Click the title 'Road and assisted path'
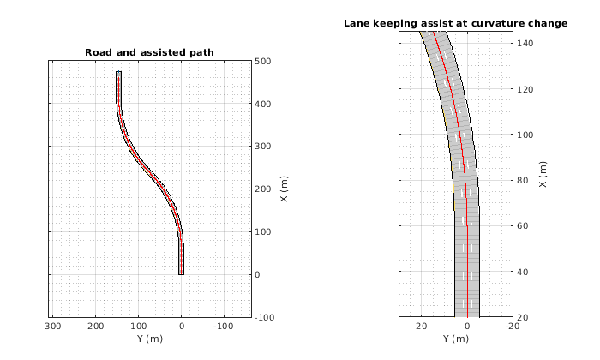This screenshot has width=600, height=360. (x=149, y=53)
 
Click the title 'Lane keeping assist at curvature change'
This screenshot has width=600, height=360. (x=455, y=23)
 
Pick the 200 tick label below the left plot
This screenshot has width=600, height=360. (x=97, y=327)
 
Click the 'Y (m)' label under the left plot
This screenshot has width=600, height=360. (x=149, y=339)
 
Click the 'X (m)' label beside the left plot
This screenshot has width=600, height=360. (x=284, y=189)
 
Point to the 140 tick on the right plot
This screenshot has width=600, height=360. (x=525, y=42)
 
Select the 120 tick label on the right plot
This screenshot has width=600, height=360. (x=525, y=88)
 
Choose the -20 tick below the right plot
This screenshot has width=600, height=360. (x=512, y=327)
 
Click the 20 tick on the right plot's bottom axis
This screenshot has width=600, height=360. (x=421, y=327)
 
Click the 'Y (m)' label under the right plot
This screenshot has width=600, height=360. (x=455, y=339)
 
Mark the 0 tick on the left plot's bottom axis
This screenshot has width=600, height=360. (x=182, y=327)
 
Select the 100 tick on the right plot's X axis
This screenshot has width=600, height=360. (x=525, y=135)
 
